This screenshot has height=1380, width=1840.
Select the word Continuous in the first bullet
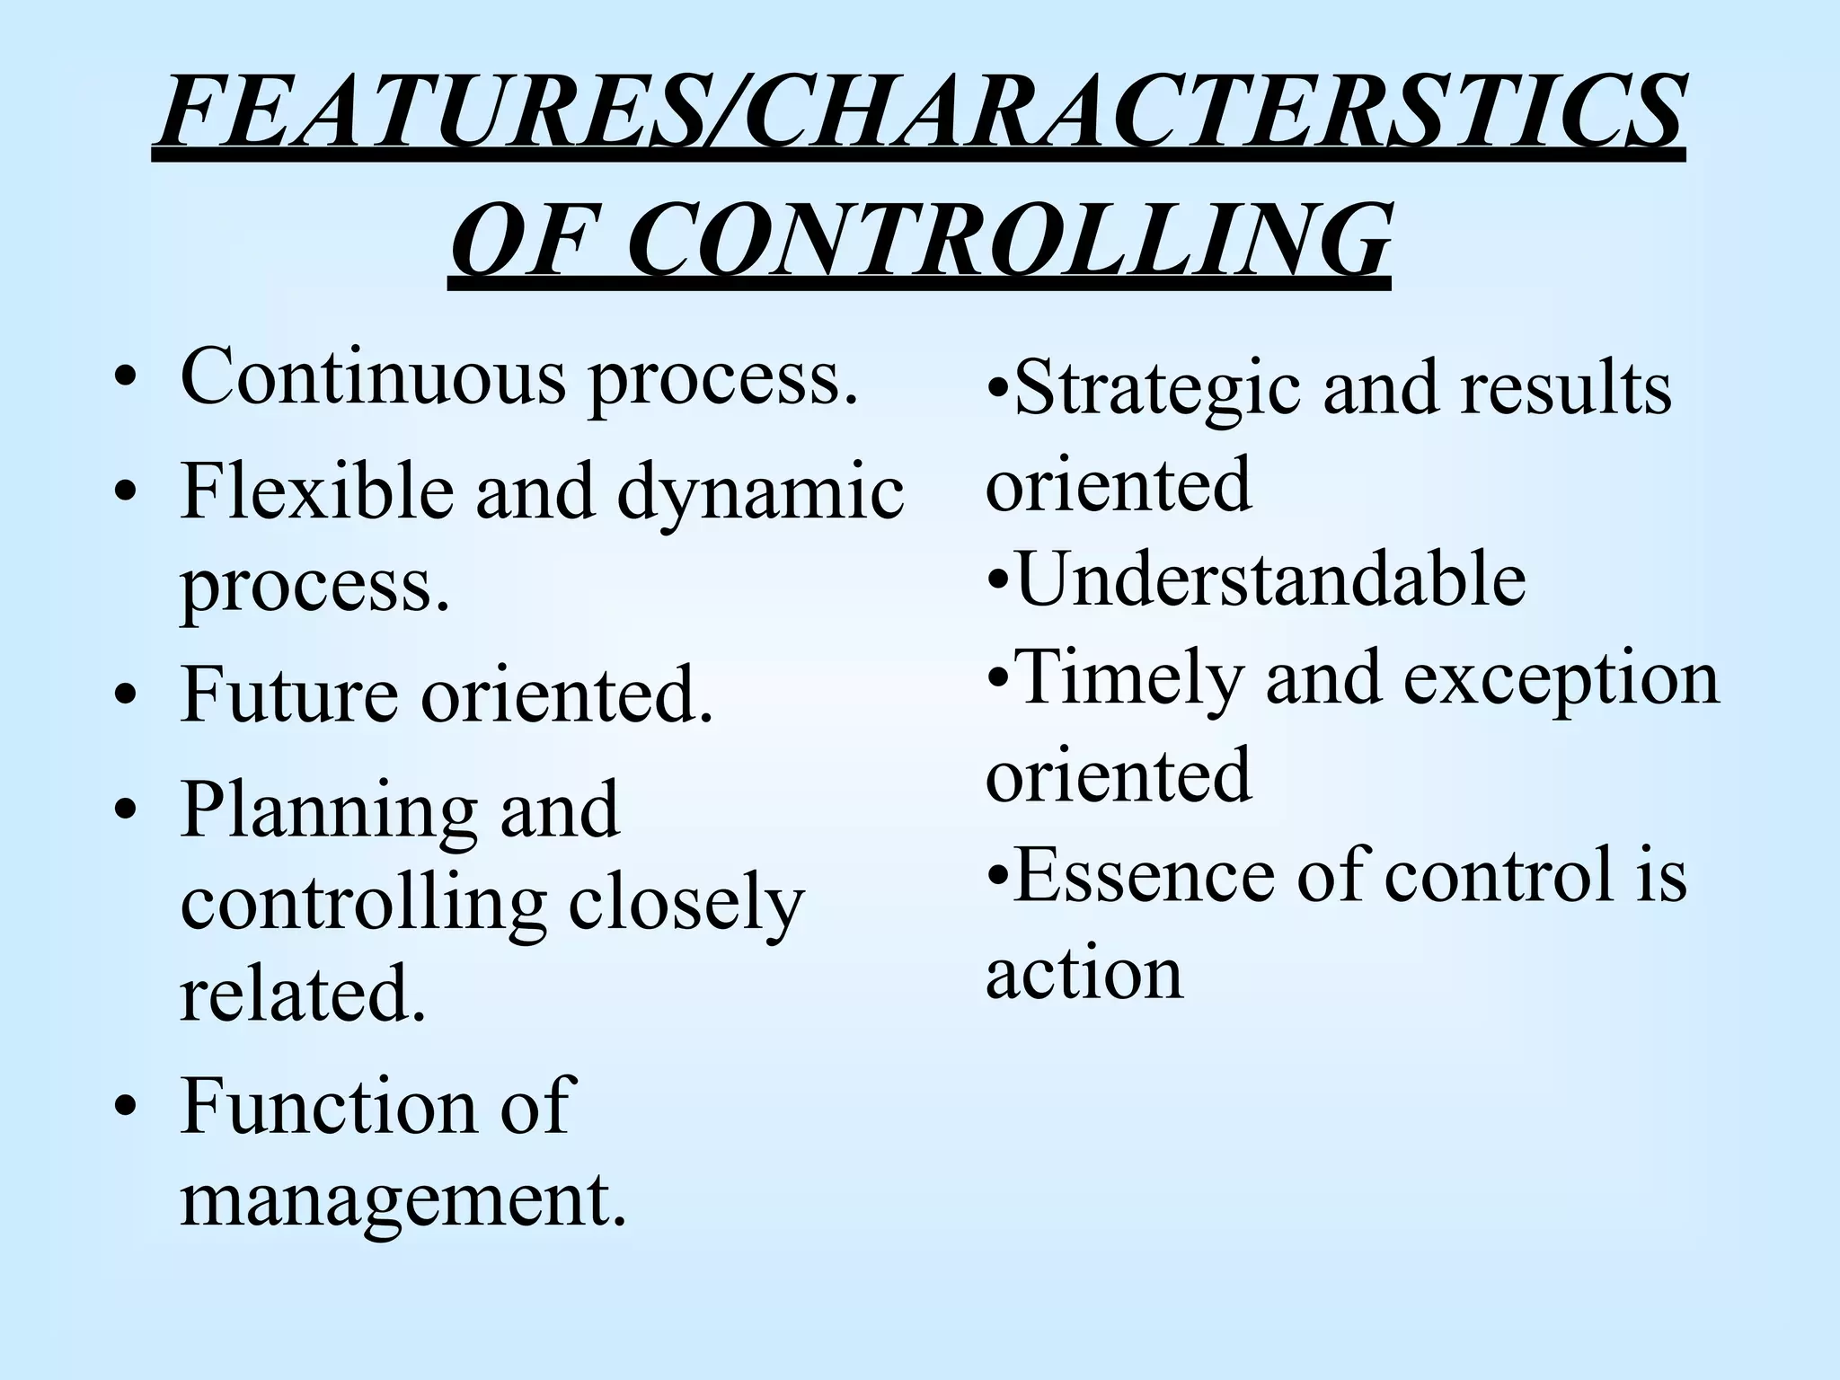point(373,376)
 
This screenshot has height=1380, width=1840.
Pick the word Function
point(329,1106)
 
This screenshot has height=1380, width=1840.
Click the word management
point(403,1202)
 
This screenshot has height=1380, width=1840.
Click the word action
point(1084,973)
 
